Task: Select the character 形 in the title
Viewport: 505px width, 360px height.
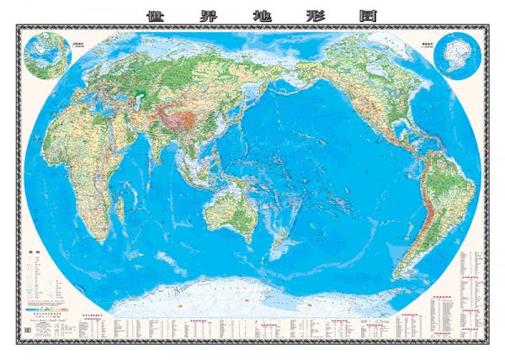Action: pyautogui.click(x=301, y=15)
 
